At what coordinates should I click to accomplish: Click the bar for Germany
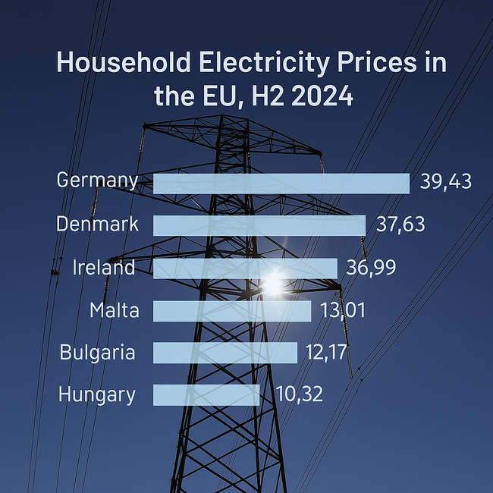click(281, 183)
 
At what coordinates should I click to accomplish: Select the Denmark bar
click(259, 225)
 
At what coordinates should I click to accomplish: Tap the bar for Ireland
click(245, 268)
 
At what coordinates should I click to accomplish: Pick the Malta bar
click(232, 311)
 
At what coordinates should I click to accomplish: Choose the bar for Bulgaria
click(225, 353)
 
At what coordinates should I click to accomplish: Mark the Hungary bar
click(206, 394)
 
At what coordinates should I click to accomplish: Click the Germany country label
click(97, 181)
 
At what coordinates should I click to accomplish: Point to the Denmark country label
click(97, 225)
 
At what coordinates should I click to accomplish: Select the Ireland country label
click(104, 268)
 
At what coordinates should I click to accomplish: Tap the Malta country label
click(114, 310)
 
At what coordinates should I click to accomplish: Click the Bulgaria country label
click(97, 353)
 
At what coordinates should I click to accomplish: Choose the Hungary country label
click(97, 395)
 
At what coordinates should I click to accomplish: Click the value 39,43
click(446, 182)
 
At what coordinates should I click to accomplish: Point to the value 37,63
click(400, 225)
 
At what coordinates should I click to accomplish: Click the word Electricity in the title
click(247, 62)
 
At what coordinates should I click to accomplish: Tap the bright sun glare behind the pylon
click(272, 284)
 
